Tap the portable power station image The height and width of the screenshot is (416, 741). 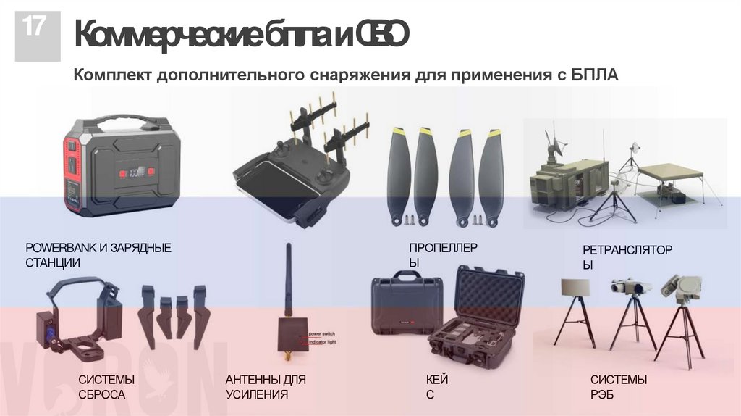(119, 167)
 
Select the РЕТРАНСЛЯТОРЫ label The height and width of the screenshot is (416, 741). (627, 257)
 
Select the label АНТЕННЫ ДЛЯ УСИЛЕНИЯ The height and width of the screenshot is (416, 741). (266, 387)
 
